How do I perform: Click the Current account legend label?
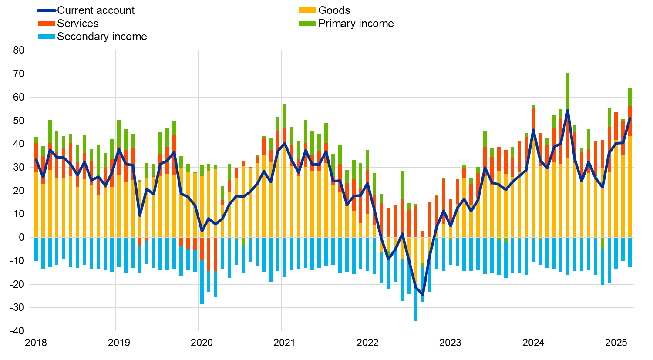tap(96, 10)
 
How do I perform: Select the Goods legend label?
tap(334, 10)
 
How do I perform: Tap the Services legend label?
tap(77, 24)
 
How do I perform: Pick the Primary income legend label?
tap(356, 24)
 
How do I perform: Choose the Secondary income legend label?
tap(102, 37)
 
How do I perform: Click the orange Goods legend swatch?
tap(307, 10)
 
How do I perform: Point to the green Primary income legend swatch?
tap(307, 24)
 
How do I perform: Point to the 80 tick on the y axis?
tap(19, 50)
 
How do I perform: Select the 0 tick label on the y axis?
tap(21, 238)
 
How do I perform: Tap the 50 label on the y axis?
tap(19, 121)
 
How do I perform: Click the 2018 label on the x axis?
tap(36, 343)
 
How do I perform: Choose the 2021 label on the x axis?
tap(284, 343)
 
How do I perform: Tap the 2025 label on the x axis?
tap(616, 343)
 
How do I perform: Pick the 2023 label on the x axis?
tap(450, 343)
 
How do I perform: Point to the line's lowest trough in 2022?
tap(422, 295)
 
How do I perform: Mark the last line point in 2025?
tap(630, 118)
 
